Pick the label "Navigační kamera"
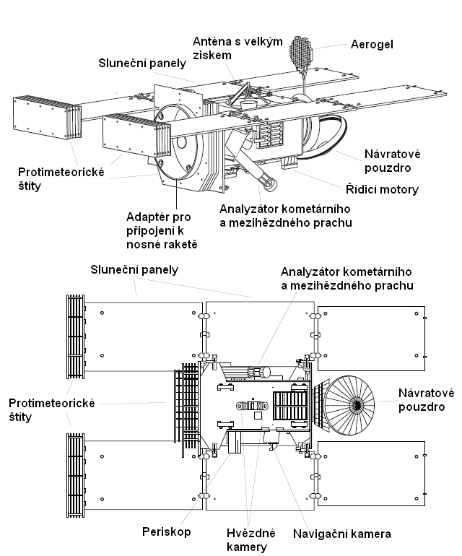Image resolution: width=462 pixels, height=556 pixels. point(341,534)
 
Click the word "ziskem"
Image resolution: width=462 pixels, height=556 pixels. point(210,55)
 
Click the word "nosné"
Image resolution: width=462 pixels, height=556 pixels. point(142,244)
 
